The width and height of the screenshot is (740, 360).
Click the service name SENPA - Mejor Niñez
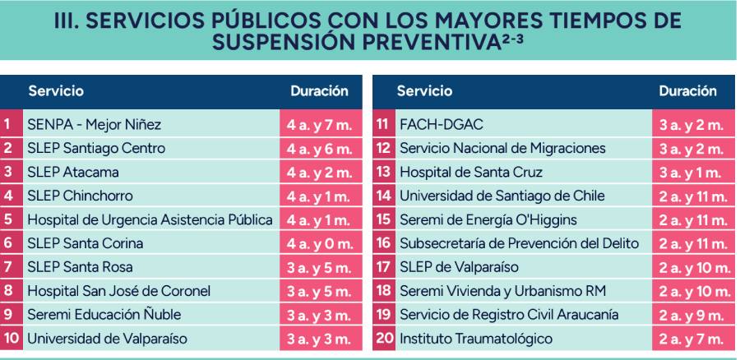pyautogui.click(x=95, y=125)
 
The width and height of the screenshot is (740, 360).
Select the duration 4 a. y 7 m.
pyautogui.click(x=320, y=125)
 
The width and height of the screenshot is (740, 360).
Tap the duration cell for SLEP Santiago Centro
pyautogui.click(x=320, y=149)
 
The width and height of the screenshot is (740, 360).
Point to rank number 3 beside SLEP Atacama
pyautogui.click(x=8, y=172)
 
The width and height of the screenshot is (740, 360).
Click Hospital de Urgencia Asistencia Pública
pyautogui.click(x=150, y=220)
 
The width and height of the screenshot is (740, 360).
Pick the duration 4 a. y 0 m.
pyautogui.click(x=320, y=244)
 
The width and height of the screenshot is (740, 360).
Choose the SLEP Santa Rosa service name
pyautogui.click(x=81, y=267)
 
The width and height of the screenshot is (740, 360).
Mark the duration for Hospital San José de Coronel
pyautogui.click(x=320, y=292)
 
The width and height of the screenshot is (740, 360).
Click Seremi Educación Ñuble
pyautogui.click(x=104, y=315)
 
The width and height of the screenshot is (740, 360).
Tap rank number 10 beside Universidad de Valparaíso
pyautogui.click(x=11, y=339)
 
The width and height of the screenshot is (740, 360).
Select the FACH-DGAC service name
pyautogui.click(x=442, y=125)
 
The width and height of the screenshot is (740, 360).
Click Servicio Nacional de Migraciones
pyautogui.click(x=502, y=149)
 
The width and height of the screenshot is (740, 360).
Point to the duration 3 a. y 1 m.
pyautogui.click(x=691, y=173)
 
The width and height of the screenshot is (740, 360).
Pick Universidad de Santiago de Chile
pyautogui.click(x=502, y=196)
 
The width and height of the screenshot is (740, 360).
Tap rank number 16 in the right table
pyautogui.click(x=384, y=243)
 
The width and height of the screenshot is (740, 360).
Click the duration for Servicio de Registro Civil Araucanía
pyautogui.click(x=691, y=315)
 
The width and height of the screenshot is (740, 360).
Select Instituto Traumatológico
pyautogui.click(x=476, y=339)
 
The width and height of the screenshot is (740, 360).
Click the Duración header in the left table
pyautogui.click(x=320, y=91)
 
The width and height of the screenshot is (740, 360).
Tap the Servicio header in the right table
pyautogui.click(x=424, y=91)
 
